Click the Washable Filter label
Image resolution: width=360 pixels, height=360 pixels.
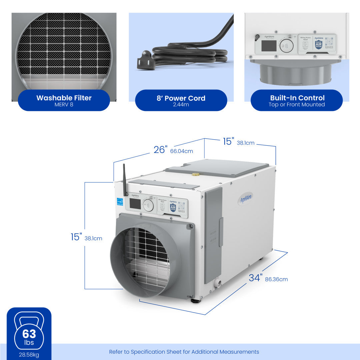[x=64, y=98]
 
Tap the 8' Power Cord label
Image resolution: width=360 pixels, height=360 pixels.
[x=181, y=98]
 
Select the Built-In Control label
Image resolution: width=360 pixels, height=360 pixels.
[x=297, y=98]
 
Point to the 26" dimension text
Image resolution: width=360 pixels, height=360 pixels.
[x=160, y=150]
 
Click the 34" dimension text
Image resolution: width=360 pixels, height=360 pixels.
[x=255, y=278]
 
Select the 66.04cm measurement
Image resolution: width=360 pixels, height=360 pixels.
[x=181, y=151]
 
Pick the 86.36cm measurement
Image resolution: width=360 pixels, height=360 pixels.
[x=276, y=279]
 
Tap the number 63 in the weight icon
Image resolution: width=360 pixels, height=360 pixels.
[x=29, y=334]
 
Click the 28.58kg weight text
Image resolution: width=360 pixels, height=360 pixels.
[x=29, y=355]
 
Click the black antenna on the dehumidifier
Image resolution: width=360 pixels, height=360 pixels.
[x=125, y=180]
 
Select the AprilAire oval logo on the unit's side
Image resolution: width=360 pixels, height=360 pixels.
[x=246, y=199]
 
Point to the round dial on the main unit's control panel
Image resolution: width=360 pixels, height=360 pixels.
[x=148, y=205]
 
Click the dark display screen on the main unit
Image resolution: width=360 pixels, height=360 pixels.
[x=135, y=204]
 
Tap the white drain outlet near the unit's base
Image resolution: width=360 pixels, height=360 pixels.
[x=218, y=284]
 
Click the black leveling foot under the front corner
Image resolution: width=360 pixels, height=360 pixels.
[x=196, y=300]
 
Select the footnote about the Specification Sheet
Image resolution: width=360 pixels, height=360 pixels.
[x=184, y=352]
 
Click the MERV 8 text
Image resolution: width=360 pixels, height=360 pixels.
[x=64, y=105]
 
